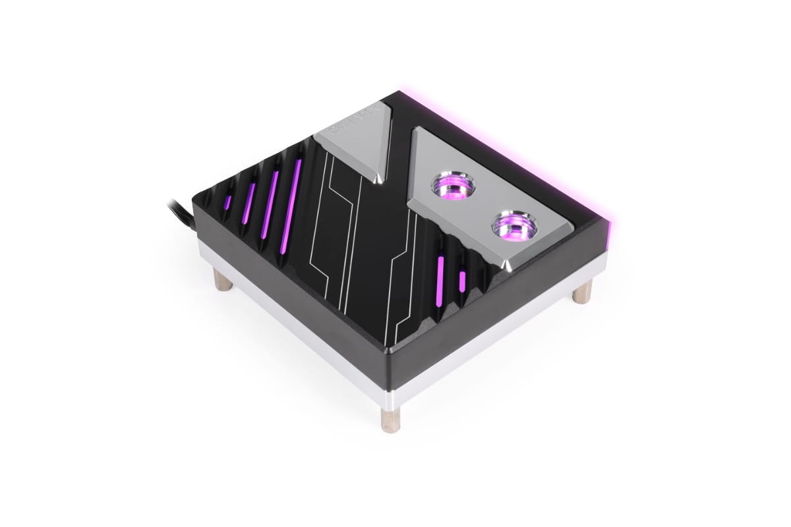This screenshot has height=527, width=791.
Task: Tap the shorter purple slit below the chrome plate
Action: pos(463,279)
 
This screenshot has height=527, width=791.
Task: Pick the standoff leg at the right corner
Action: pos(582,290)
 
